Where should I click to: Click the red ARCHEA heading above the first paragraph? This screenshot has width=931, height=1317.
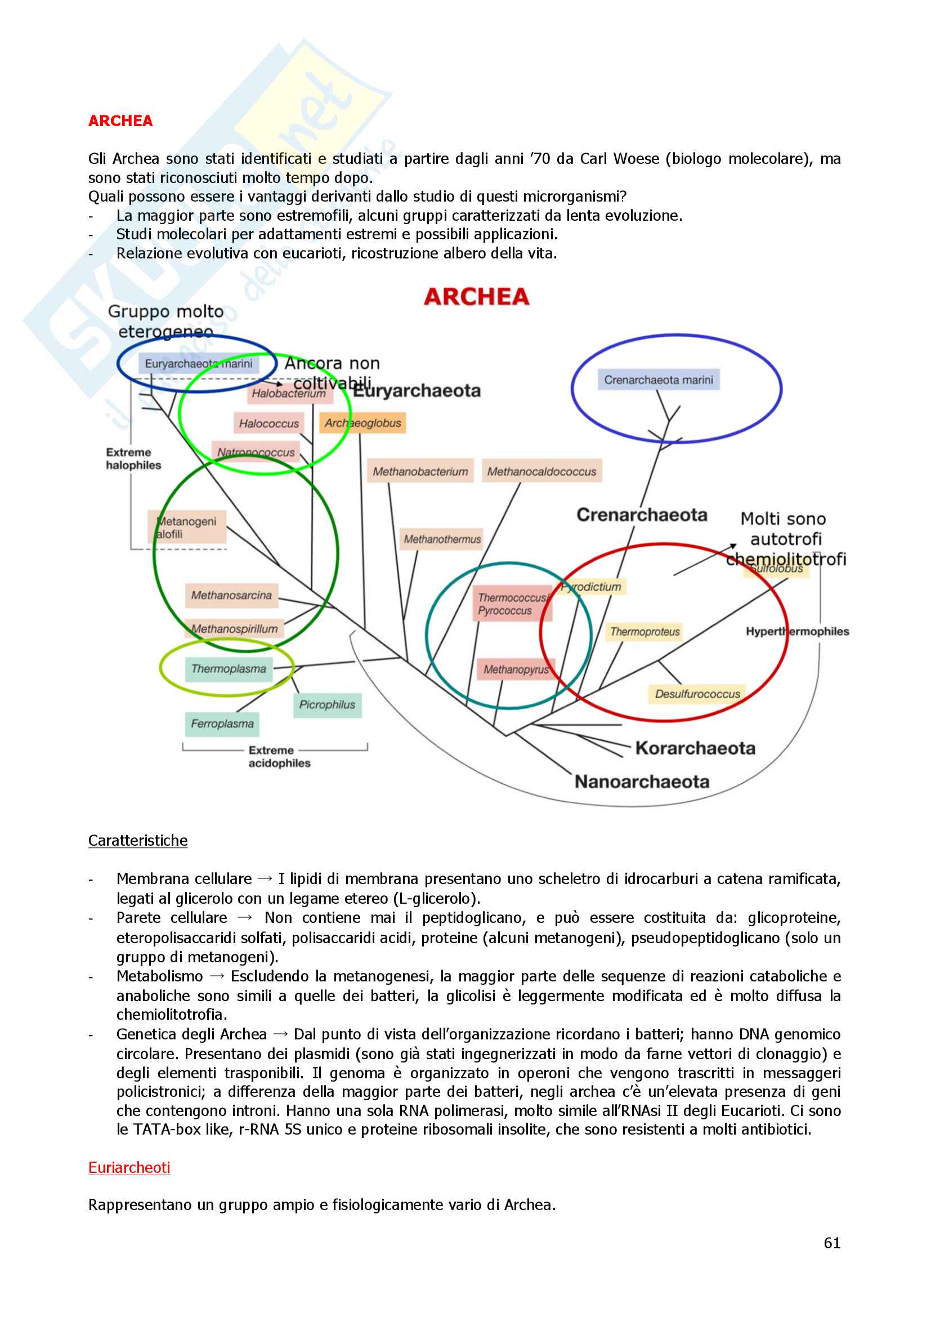tap(120, 121)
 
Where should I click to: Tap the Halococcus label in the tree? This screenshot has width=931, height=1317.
tap(269, 424)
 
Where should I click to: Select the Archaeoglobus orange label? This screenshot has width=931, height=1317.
tap(363, 423)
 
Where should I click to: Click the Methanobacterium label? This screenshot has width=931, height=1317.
tap(420, 471)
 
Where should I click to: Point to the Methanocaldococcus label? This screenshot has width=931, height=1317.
tap(541, 471)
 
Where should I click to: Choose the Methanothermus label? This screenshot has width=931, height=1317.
tap(442, 539)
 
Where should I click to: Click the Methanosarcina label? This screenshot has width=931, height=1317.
tap(231, 595)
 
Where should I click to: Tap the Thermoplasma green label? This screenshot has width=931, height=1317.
tap(229, 669)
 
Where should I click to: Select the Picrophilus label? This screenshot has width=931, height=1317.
tap(328, 705)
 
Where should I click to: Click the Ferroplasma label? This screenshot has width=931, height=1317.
tap(222, 724)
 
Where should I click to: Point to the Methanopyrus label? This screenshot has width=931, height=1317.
tap(516, 669)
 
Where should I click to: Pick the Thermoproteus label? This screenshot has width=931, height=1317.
tap(645, 632)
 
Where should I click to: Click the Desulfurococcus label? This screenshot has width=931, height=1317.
tap(697, 694)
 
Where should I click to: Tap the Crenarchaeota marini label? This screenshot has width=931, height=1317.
tap(659, 380)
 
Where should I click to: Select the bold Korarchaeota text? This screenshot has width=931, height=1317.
tap(695, 748)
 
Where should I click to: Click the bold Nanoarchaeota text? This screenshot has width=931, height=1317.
tap(642, 782)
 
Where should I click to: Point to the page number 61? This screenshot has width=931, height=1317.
tap(832, 1243)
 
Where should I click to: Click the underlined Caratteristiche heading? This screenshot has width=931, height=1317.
tap(138, 840)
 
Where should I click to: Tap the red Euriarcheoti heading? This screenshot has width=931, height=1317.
tap(129, 1167)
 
